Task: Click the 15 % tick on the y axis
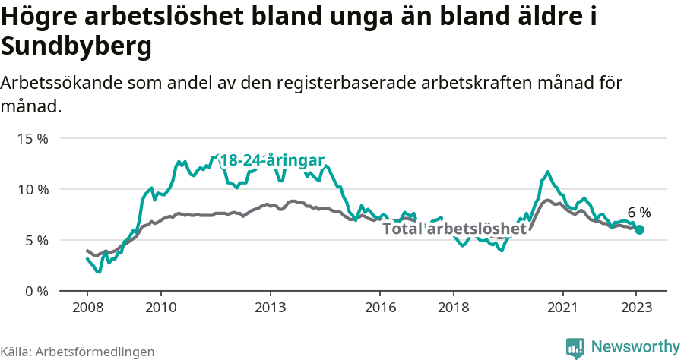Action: coord(32,139)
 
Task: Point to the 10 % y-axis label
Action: coord(32,189)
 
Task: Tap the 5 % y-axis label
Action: coord(35,240)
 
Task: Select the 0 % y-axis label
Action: coord(35,291)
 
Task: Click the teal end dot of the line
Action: coord(639,229)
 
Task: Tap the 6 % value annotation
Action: coord(638,213)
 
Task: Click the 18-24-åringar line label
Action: coord(272,160)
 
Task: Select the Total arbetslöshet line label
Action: coord(454,229)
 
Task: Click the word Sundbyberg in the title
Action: coord(77,46)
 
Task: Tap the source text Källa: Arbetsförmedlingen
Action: coord(78,352)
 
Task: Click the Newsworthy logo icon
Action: coord(575,348)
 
